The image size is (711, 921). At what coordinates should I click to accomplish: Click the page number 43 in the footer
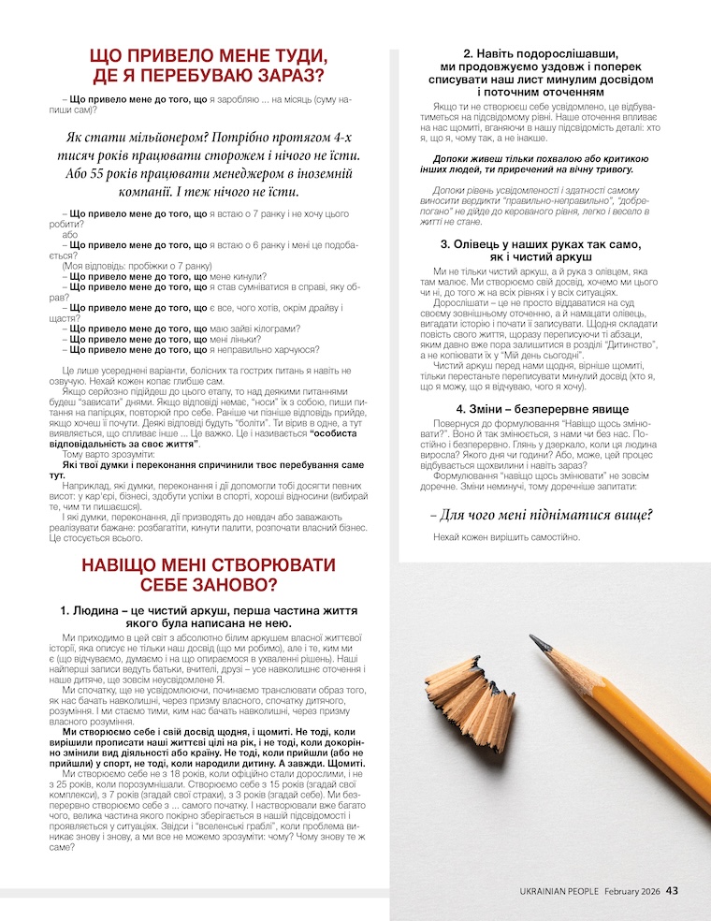(672, 891)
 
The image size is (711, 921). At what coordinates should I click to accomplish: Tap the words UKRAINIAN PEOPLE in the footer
(559, 891)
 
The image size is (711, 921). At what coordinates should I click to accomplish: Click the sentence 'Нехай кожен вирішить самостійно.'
(506, 537)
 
